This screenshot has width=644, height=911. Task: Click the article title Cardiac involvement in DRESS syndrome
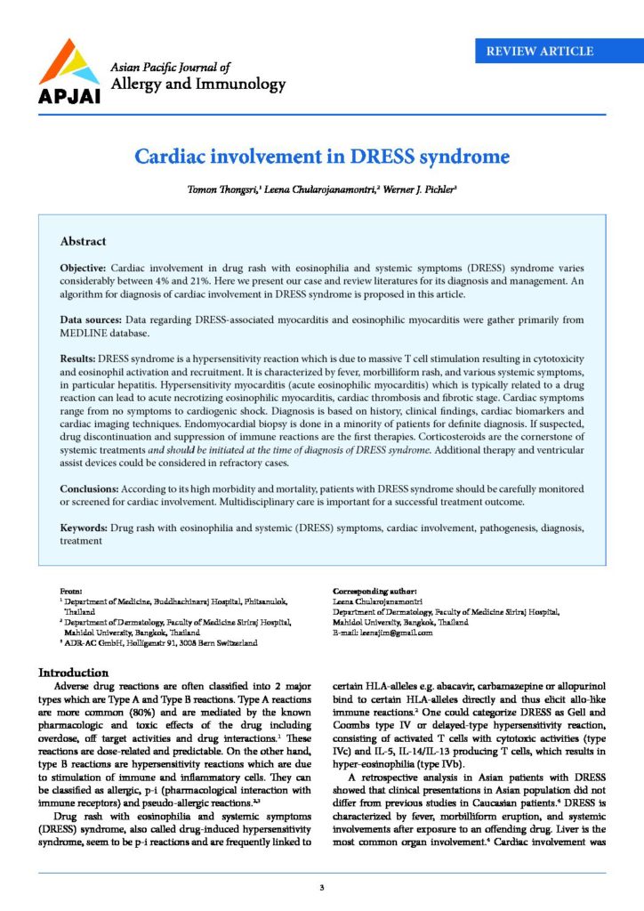click(321, 157)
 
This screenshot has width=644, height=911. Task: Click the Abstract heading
click(83, 241)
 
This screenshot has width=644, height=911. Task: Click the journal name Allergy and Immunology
click(197, 85)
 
